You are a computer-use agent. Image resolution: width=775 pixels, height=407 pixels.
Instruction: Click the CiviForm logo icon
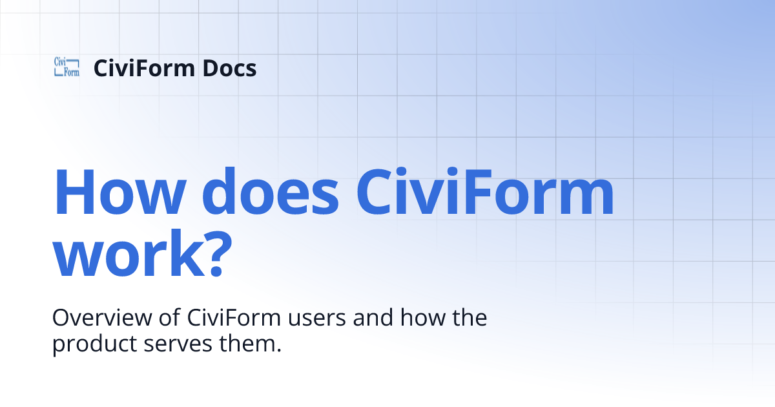(x=67, y=67)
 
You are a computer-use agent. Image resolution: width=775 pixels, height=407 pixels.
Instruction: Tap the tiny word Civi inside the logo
(x=61, y=62)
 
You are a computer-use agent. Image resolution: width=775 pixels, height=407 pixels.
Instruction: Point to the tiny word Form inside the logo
(x=72, y=72)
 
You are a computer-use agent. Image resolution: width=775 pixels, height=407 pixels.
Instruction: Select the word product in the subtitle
(x=95, y=343)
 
